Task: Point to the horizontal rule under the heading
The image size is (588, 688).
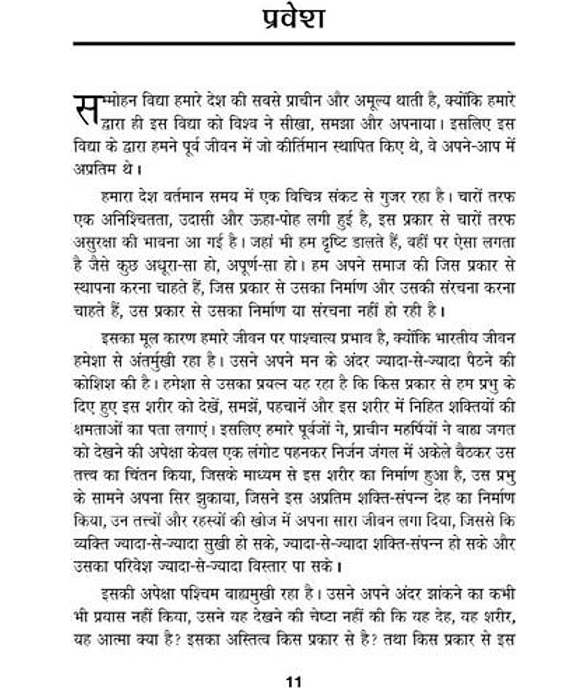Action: point(294,44)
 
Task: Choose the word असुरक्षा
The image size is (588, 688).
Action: point(95,243)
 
